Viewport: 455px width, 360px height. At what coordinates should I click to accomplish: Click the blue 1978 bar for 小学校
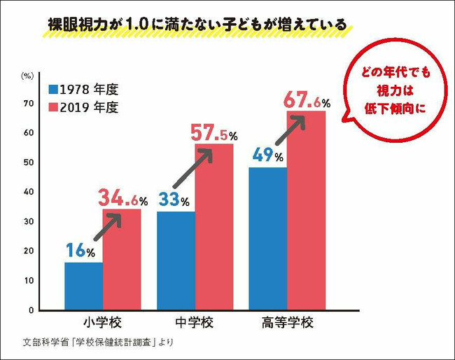[83, 286]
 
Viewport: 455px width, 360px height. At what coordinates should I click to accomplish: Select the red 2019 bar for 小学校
[122, 259]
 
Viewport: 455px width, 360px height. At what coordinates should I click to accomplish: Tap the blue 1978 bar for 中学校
[176, 261]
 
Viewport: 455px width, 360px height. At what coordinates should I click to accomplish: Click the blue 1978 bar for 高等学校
[267, 238]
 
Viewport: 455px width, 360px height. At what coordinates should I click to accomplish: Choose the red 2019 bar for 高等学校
[307, 210]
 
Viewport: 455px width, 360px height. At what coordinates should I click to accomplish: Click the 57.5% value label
[214, 133]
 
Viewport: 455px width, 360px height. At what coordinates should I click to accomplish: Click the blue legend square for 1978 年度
[53, 90]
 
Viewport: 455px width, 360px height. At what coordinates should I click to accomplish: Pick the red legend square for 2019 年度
[53, 108]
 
